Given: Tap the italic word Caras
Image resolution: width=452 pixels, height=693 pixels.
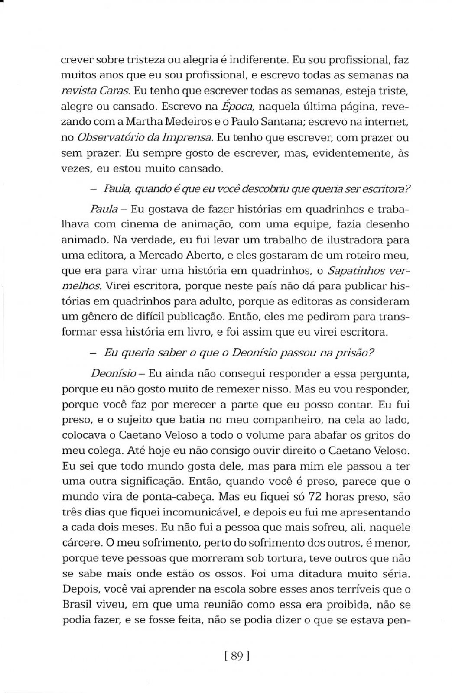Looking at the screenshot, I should (116, 91).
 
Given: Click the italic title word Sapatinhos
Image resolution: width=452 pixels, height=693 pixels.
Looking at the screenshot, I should (355, 271).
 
